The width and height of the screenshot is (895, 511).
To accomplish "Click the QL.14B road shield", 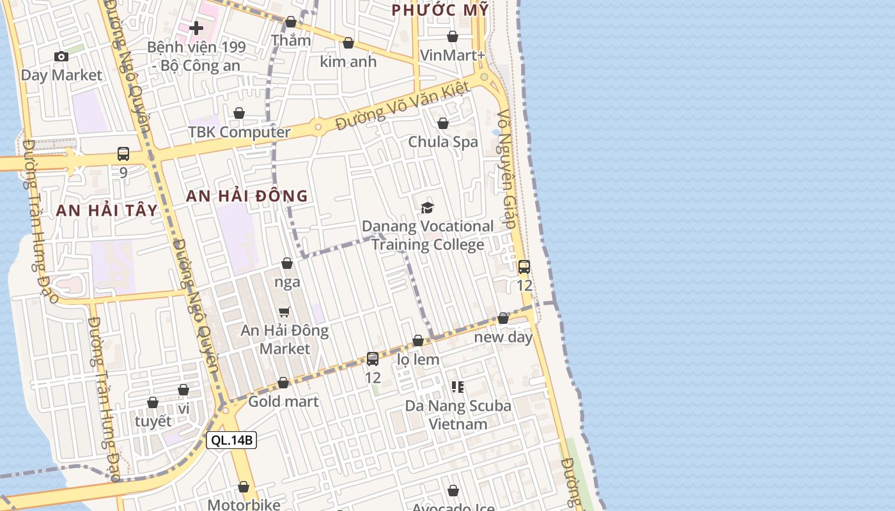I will tap(231, 440).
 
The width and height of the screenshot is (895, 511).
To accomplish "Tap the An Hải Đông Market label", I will tap(284, 340).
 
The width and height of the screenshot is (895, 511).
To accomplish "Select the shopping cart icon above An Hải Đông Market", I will tap(284, 312).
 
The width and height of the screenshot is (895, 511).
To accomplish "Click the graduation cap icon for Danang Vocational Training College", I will tap(427, 208).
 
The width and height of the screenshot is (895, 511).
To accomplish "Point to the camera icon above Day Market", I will tap(61, 57).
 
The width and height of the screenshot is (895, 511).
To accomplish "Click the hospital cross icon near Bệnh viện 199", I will tap(196, 27).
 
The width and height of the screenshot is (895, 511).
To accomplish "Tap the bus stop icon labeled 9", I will tap(123, 154).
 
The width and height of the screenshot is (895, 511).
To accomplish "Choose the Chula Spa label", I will tap(443, 142).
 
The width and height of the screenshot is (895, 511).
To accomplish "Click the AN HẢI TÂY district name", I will tap(107, 211).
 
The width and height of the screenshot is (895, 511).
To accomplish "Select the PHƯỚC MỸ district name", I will tap(440, 10).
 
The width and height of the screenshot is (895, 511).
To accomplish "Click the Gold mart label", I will tap(283, 402).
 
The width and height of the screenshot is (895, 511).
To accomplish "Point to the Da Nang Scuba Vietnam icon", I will tap(457, 386).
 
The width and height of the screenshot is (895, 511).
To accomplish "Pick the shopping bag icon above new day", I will tap(503, 318).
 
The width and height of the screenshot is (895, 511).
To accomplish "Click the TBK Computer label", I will tap(239, 132).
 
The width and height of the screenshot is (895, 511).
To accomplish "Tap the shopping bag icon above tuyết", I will tap(153, 402).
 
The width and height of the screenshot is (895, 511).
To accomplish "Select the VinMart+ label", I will tap(453, 56).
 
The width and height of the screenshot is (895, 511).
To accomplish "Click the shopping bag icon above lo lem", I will tap(418, 341).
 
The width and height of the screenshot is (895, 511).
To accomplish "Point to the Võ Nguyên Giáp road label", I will tap(506, 169).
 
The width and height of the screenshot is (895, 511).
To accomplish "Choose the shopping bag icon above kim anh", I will tap(348, 43).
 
